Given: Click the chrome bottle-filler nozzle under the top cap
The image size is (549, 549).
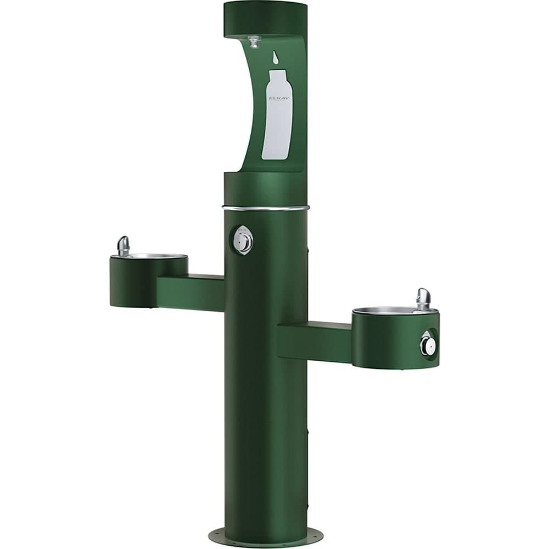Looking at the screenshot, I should point(254,41).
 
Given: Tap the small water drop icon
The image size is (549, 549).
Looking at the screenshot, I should point(276,57).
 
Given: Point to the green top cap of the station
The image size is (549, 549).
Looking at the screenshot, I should point(265,18).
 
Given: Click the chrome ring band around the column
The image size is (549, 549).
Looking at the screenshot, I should point(266,208).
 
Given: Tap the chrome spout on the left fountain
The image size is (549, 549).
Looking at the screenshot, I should point(124,245).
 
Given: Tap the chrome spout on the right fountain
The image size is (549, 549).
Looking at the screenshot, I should point(423,298).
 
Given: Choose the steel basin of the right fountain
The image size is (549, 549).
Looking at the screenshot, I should point(384,311).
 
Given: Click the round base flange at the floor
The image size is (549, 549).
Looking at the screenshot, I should point(266,535).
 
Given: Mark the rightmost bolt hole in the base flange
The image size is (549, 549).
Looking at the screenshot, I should point(313,531).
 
